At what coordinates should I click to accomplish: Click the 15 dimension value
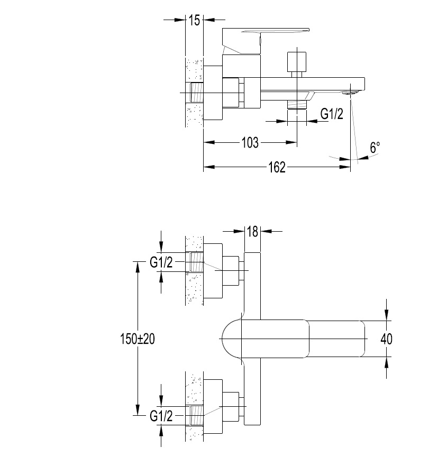[x=194, y=20]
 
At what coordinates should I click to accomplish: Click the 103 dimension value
[x=250, y=142]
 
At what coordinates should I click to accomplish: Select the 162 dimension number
[x=277, y=167]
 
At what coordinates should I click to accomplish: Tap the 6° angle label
[x=375, y=148]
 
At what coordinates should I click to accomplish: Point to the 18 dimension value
[x=252, y=232]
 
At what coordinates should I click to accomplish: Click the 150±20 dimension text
[x=138, y=339]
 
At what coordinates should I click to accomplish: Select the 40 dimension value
[x=386, y=339]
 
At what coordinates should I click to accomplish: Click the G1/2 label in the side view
[x=332, y=114]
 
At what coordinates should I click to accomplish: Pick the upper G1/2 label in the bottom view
[x=161, y=262]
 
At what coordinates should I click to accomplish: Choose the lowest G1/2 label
[x=161, y=416]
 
